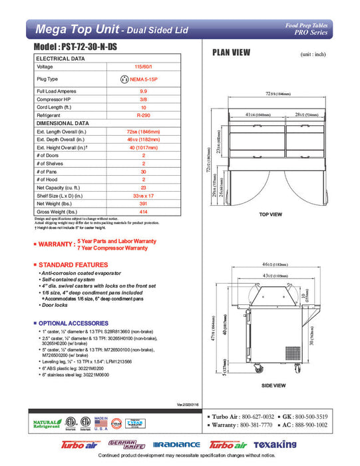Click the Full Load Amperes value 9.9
[x=143, y=90]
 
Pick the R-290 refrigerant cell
[x=143, y=115]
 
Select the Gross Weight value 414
[x=143, y=211]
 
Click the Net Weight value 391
[x=143, y=203]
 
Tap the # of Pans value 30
[x=143, y=172]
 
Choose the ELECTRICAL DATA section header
[x=60, y=59]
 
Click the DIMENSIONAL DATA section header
[x=63, y=123]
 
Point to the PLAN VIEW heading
[x=231, y=53]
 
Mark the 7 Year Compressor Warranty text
[x=113, y=248]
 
